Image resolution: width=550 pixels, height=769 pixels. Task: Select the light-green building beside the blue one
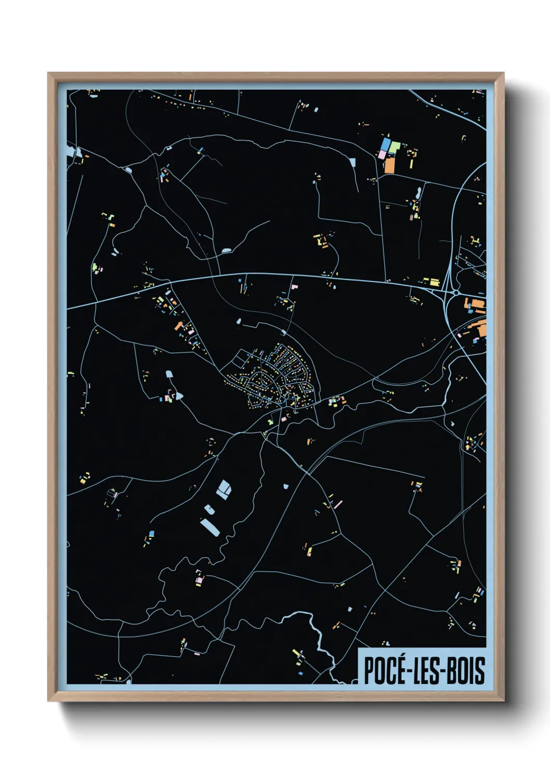tap(395, 147)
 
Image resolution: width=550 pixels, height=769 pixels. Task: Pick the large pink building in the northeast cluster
tap(381, 155)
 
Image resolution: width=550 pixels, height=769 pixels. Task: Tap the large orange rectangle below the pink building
tap(389, 165)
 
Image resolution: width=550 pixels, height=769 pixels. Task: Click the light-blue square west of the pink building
tap(353, 162)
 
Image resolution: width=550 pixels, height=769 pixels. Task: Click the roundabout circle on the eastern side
tap(456, 293)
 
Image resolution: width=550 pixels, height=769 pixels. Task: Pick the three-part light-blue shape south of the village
tap(224, 489)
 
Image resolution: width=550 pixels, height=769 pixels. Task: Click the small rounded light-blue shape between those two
tap(208, 510)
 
